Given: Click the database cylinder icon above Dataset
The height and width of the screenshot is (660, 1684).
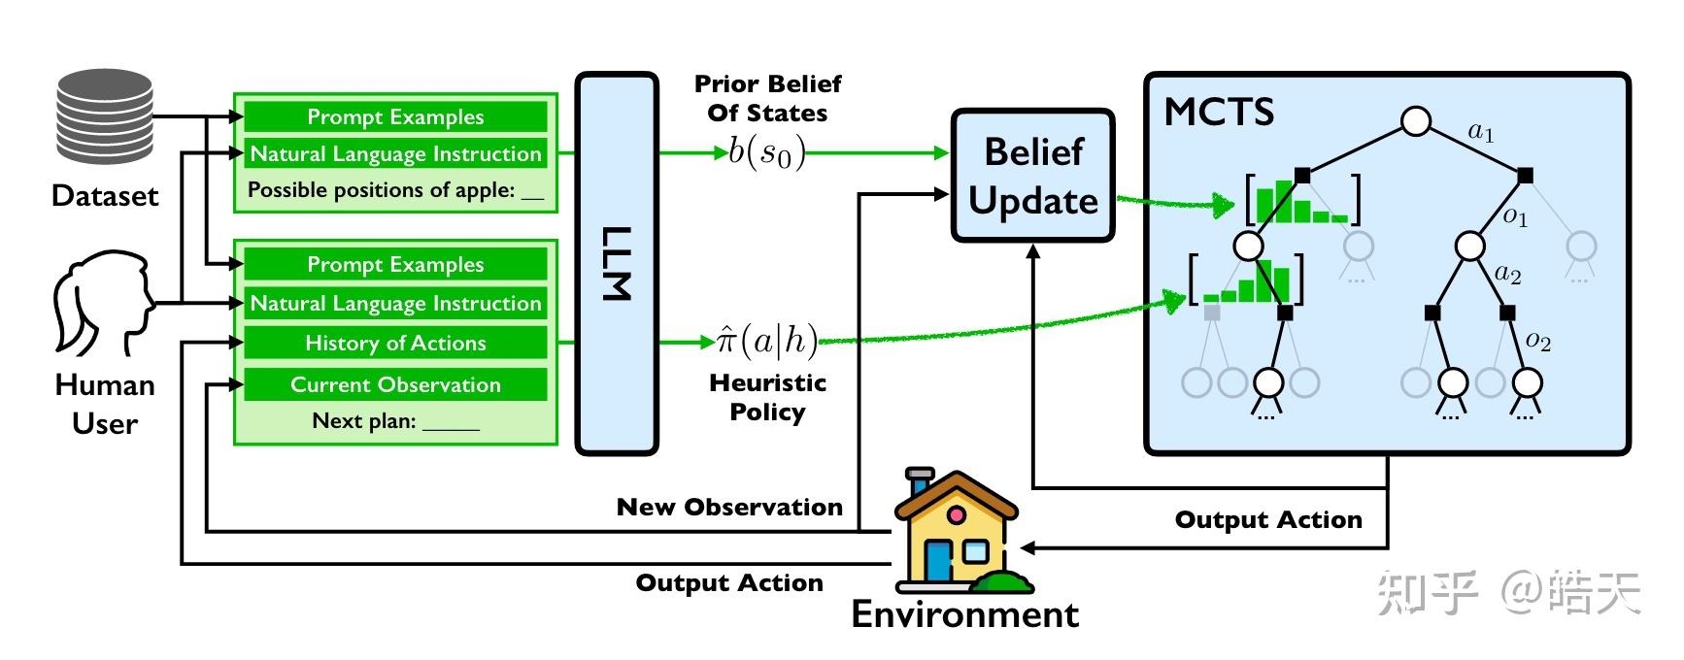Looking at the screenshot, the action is (104, 115).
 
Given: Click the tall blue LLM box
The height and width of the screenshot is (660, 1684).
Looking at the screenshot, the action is (618, 263).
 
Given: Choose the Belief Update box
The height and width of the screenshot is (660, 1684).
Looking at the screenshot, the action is (1032, 176).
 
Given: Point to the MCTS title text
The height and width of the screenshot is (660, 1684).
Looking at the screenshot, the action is (1219, 113).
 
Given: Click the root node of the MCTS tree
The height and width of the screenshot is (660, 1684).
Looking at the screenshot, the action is (1416, 121).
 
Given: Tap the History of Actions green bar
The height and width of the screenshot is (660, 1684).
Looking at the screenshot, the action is (395, 343).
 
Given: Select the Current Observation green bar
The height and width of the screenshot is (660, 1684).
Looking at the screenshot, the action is (395, 384).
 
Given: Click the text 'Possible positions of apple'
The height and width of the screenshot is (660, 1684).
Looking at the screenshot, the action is (381, 190).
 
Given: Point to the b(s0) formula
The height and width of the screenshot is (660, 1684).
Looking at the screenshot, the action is (766, 152).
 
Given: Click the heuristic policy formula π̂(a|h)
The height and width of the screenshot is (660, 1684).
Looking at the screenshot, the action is (766, 341).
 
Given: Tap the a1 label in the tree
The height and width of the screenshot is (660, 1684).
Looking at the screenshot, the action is (1481, 132).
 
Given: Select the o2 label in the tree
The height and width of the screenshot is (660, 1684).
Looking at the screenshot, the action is (1538, 341).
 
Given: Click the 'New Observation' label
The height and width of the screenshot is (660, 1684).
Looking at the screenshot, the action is (729, 507).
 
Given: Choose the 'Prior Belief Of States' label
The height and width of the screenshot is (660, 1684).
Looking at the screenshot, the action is (767, 98).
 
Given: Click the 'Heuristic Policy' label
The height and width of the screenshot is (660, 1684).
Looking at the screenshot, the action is (767, 397).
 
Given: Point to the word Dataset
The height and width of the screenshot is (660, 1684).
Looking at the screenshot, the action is (105, 196).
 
